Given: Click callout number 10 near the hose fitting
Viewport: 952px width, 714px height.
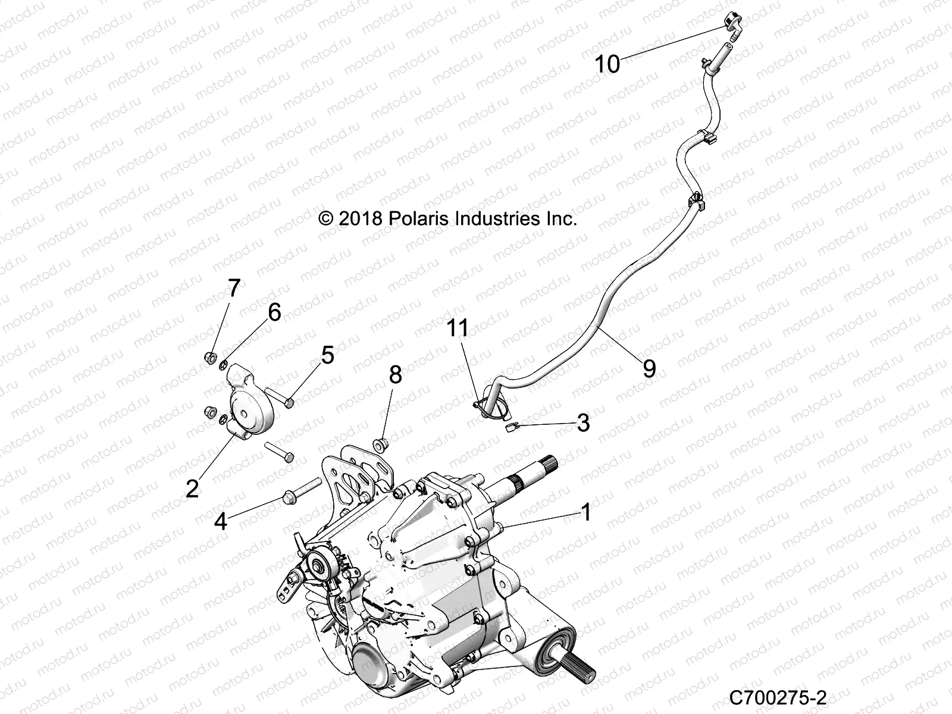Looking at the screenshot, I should pos(607,64).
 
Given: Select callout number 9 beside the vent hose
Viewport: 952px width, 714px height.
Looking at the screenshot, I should pos(649,369).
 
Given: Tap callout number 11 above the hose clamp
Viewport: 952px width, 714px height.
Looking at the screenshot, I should pos(458,328).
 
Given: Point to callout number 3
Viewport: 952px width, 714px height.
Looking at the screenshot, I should pos(583,422).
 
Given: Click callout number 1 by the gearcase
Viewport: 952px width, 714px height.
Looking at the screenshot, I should pos(585,512).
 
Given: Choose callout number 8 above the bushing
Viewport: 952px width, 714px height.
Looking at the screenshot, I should pos(395,375).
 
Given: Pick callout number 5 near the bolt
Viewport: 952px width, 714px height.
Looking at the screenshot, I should pos(327,355).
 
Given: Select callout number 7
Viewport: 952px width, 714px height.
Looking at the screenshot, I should pos(234,289).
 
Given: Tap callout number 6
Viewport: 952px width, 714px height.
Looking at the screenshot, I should pos(274,312).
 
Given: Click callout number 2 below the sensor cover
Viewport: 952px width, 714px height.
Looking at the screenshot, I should pos(192,488).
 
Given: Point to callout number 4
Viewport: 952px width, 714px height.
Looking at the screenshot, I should pos(221,522).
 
